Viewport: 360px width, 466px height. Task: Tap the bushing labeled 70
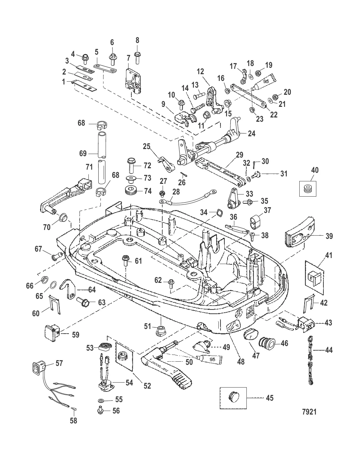(63, 217)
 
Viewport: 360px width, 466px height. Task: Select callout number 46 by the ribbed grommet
(285, 343)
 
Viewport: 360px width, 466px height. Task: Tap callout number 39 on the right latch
(329, 236)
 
